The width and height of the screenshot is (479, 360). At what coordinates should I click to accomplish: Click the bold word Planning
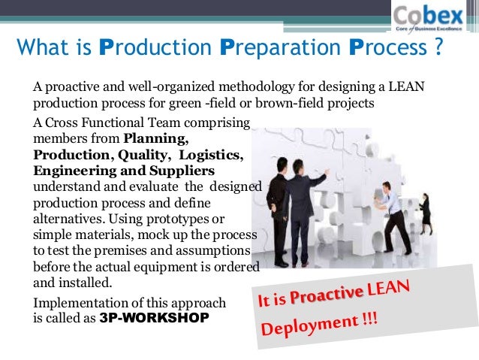(156, 139)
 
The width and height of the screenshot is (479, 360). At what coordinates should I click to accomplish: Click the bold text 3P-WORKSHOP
(154, 318)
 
